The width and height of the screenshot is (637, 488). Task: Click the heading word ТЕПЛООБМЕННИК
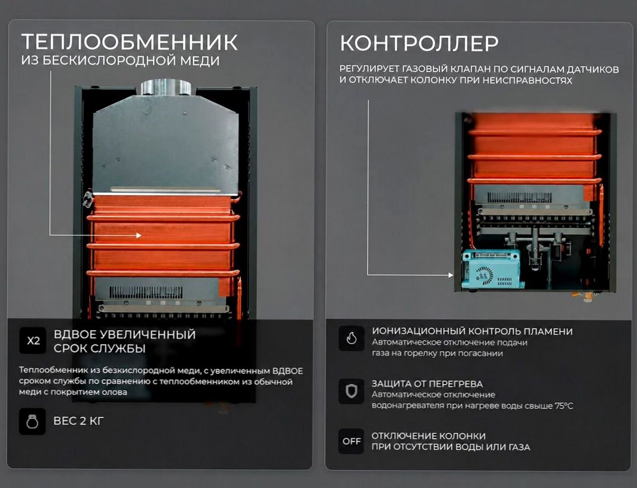[x=130, y=42]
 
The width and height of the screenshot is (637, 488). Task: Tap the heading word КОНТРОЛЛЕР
[x=419, y=43]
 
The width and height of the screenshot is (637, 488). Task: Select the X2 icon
[x=33, y=341]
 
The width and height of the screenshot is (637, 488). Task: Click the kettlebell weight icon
[x=32, y=422]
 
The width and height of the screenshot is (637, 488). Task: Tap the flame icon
[x=352, y=338]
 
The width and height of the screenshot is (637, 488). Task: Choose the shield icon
[x=352, y=391]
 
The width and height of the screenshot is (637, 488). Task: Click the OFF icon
[x=352, y=441]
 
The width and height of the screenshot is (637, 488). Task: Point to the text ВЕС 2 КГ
[x=79, y=421]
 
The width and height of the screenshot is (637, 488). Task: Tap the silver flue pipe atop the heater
[x=167, y=88]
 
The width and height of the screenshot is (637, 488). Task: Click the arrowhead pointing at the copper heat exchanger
[x=139, y=235]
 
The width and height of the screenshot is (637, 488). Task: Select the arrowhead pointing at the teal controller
[x=450, y=275]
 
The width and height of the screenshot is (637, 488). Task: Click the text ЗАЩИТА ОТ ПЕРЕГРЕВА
[x=427, y=384]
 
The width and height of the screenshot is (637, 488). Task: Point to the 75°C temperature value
[x=564, y=406]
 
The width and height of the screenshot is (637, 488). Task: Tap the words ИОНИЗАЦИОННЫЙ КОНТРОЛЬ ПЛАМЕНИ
[x=472, y=332]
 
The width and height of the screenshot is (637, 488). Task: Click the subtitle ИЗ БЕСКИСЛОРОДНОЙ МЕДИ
[x=120, y=61]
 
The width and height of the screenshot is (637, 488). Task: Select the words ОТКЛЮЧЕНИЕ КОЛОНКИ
[x=428, y=436]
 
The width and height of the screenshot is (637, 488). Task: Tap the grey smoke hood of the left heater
[x=166, y=144]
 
